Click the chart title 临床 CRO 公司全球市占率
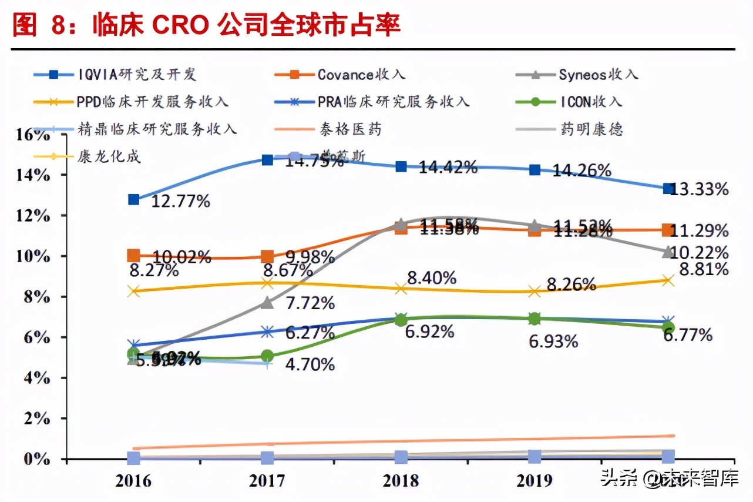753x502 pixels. pos(247,25)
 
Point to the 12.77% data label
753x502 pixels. pos(180,202)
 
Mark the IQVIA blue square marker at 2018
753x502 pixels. pos(401,166)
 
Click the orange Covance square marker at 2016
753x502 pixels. pos(134,255)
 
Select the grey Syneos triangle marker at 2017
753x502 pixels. pos(267,302)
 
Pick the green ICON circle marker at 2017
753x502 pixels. pos(267,356)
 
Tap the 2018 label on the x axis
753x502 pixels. pos(401,481)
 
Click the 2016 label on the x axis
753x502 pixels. pos(134,481)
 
